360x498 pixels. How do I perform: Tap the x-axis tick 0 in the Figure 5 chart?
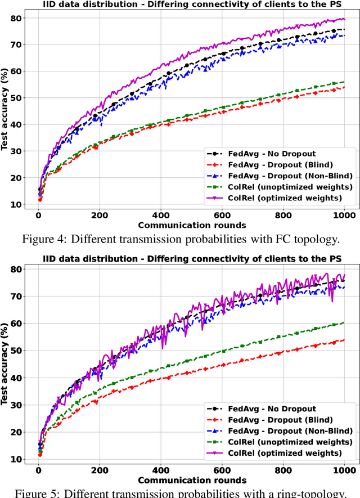pyautogui.click(x=38, y=471)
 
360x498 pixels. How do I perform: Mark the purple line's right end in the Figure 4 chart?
pyautogui.click(x=344, y=19)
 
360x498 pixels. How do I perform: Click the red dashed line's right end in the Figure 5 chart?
pyautogui.click(x=344, y=339)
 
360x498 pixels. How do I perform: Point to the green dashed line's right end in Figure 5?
pyautogui.click(x=344, y=322)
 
